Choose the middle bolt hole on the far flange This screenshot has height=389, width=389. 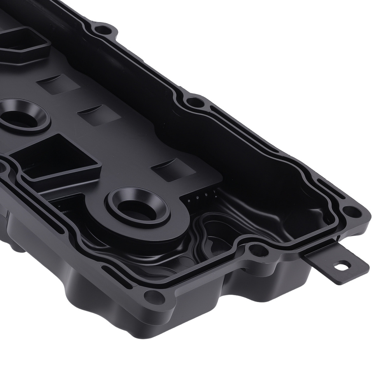point(193,103)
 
